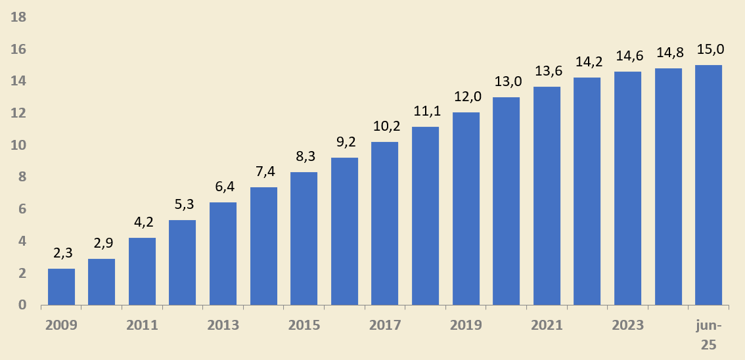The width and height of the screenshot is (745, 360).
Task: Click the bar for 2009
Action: (x=61, y=287)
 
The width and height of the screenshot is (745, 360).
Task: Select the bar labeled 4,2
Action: (x=142, y=271)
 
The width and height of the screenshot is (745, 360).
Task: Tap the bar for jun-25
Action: (x=708, y=185)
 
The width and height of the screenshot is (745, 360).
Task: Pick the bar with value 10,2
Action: (x=385, y=223)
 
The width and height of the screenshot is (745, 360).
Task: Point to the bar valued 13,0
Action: (x=506, y=201)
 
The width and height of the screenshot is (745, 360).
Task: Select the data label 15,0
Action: (x=710, y=49)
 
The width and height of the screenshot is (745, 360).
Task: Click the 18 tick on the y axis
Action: (x=19, y=17)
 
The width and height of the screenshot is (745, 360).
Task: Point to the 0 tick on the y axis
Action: (x=22, y=305)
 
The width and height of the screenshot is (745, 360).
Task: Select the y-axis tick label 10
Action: (x=19, y=145)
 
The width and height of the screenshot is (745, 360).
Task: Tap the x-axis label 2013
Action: (x=223, y=325)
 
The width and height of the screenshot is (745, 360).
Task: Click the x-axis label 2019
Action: (x=466, y=325)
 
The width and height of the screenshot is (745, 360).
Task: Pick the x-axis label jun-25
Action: (x=708, y=335)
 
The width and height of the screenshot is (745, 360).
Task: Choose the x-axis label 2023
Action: (x=627, y=325)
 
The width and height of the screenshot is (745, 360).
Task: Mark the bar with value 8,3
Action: (x=304, y=238)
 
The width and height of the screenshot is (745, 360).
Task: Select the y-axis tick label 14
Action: (x=19, y=81)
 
